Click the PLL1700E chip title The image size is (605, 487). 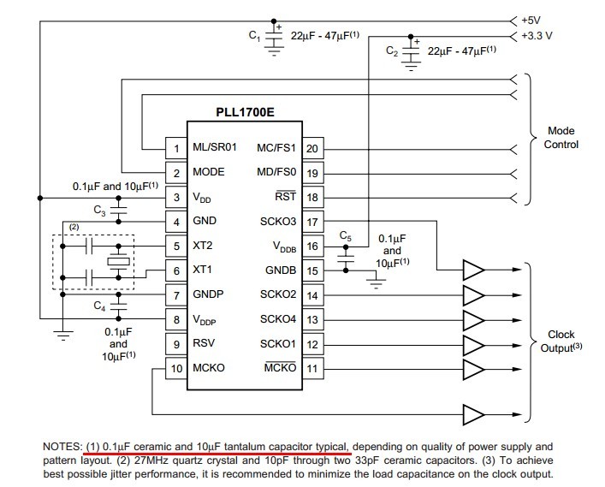[245, 112]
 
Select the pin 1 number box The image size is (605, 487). [176, 148]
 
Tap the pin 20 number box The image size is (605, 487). [312, 148]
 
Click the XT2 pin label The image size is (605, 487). [203, 246]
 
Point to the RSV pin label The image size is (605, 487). [204, 343]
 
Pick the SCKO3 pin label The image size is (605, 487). [278, 221]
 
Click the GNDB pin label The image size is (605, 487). [281, 270]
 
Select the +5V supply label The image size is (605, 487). [531, 21]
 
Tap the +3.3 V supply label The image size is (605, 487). [537, 36]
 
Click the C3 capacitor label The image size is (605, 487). [99, 211]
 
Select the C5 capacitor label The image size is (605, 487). [346, 235]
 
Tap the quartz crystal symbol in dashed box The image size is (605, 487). [118, 262]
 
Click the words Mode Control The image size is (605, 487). [561, 138]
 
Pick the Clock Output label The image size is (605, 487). [561, 341]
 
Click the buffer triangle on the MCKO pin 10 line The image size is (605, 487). [473, 415]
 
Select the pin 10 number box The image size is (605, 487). [176, 368]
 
